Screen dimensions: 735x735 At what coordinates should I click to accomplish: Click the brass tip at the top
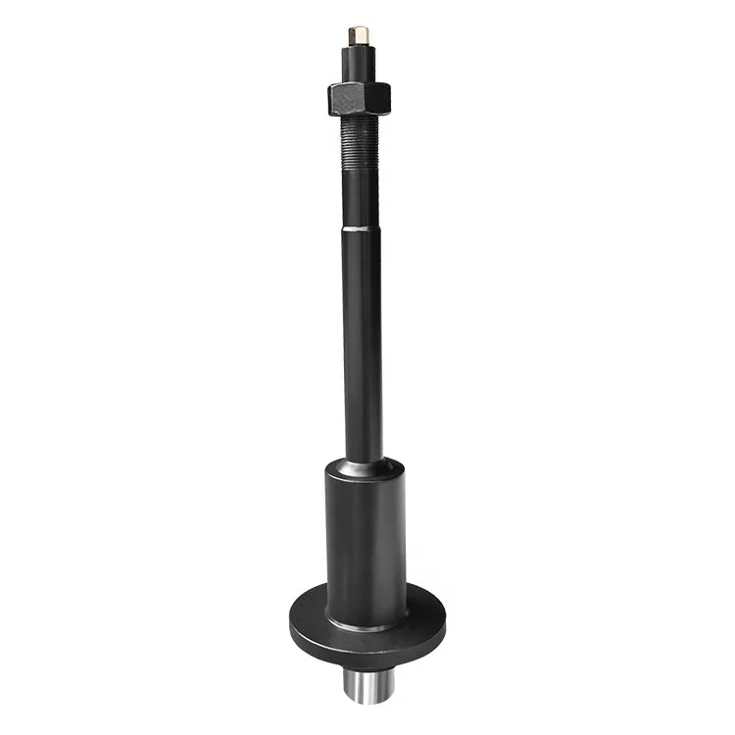pyautogui.click(x=359, y=35)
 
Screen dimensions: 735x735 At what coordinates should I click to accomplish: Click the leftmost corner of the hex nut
pyautogui.click(x=328, y=97)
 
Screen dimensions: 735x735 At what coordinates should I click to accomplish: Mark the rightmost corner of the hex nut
pyautogui.click(x=391, y=95)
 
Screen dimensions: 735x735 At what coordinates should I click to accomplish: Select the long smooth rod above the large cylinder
pyautogui.click(x=363, y=343)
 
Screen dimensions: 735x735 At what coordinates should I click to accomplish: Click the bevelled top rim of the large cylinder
pyautogui.click(x=366, y=468)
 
